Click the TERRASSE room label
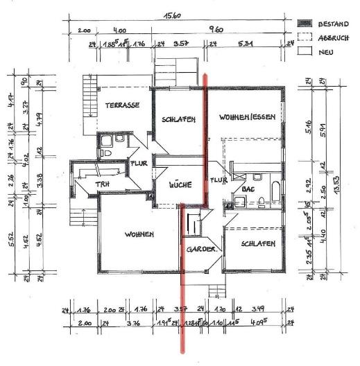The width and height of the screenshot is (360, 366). click(x=123, y=105)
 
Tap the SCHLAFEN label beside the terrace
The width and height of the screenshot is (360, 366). click(x=178, y=119)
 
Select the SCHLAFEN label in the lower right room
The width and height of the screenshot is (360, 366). click(x=259, y=244)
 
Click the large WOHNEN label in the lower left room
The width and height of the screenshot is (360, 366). click(x=139, y=235)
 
